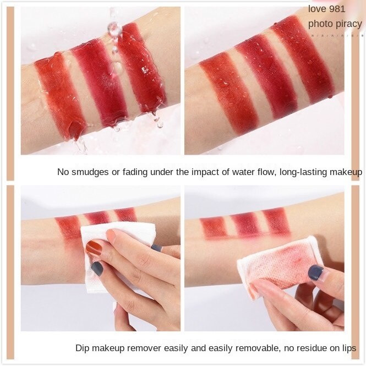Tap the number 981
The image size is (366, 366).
(x=343, y=8)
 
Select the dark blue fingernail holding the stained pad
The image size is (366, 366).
(x=315, y=272)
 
